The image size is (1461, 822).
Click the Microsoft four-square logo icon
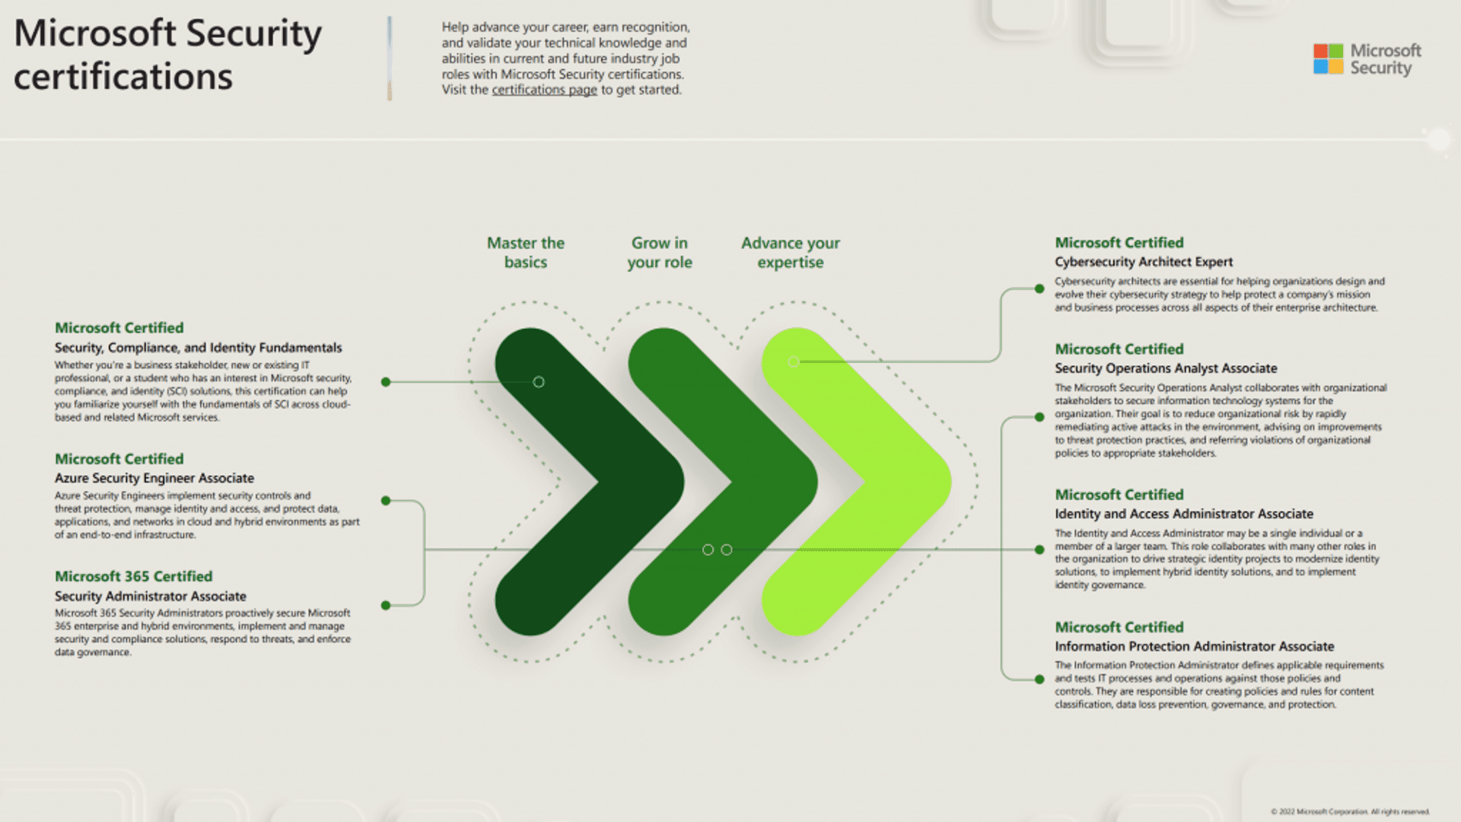pyautogui.click(x=1328, y=59)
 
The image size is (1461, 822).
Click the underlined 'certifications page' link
pyautogui.click(x=544, y=90)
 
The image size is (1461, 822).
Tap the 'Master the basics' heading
pyautogui.click(x=526, y=253)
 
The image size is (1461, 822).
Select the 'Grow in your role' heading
pyautogui.click(x=660, y=253)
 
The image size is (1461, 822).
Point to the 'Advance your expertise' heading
pyautogui.click(x=791, y=253)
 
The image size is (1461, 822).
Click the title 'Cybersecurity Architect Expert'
pyautogui.click(x=1143, y=262)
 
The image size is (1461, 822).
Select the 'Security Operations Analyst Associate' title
pyautogui.click(x=1166, y=368)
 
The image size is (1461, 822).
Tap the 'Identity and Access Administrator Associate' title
pyautogui.click(x=1183, y=514)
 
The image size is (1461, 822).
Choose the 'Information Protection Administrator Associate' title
pyautogui.click(x=1194, y=646)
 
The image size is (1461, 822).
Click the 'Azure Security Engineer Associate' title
pyautogui.click(x=154, y=478)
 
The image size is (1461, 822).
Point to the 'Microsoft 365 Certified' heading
pyautogui.click(x=133, y=576)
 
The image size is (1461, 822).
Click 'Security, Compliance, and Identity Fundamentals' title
pyautogui.click(x=198, y=348)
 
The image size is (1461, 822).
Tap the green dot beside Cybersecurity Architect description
pyautogui.click(x=1039, y=288)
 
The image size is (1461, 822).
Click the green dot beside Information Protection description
pyautogui.click(x=1039, y=679)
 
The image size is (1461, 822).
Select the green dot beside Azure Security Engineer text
pyautogui.click(x=386, y=501)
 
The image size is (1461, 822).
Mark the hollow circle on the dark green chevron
pyautogui.click(x=539, y=382)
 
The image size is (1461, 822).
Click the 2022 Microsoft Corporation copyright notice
pyautogui.click(x=1350, y=811)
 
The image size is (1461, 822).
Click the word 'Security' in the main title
pyautogui.click(x=253, y=33)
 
